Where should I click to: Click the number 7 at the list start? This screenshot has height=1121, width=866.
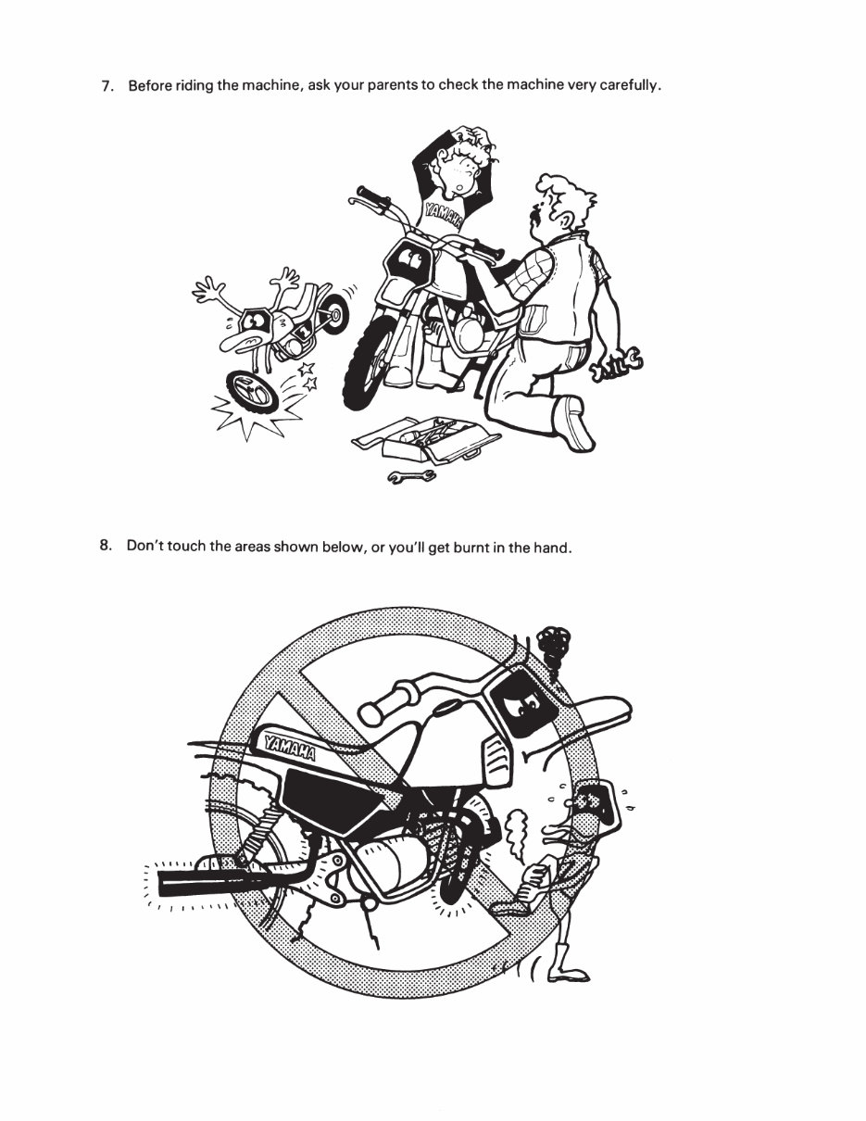[107, 85]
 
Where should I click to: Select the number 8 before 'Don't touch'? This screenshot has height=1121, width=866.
[106, 546]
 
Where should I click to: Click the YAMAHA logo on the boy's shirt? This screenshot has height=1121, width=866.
[442, 216]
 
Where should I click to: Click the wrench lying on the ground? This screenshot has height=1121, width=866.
[411, 476]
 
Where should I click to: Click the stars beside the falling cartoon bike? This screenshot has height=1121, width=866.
[307, 375]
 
